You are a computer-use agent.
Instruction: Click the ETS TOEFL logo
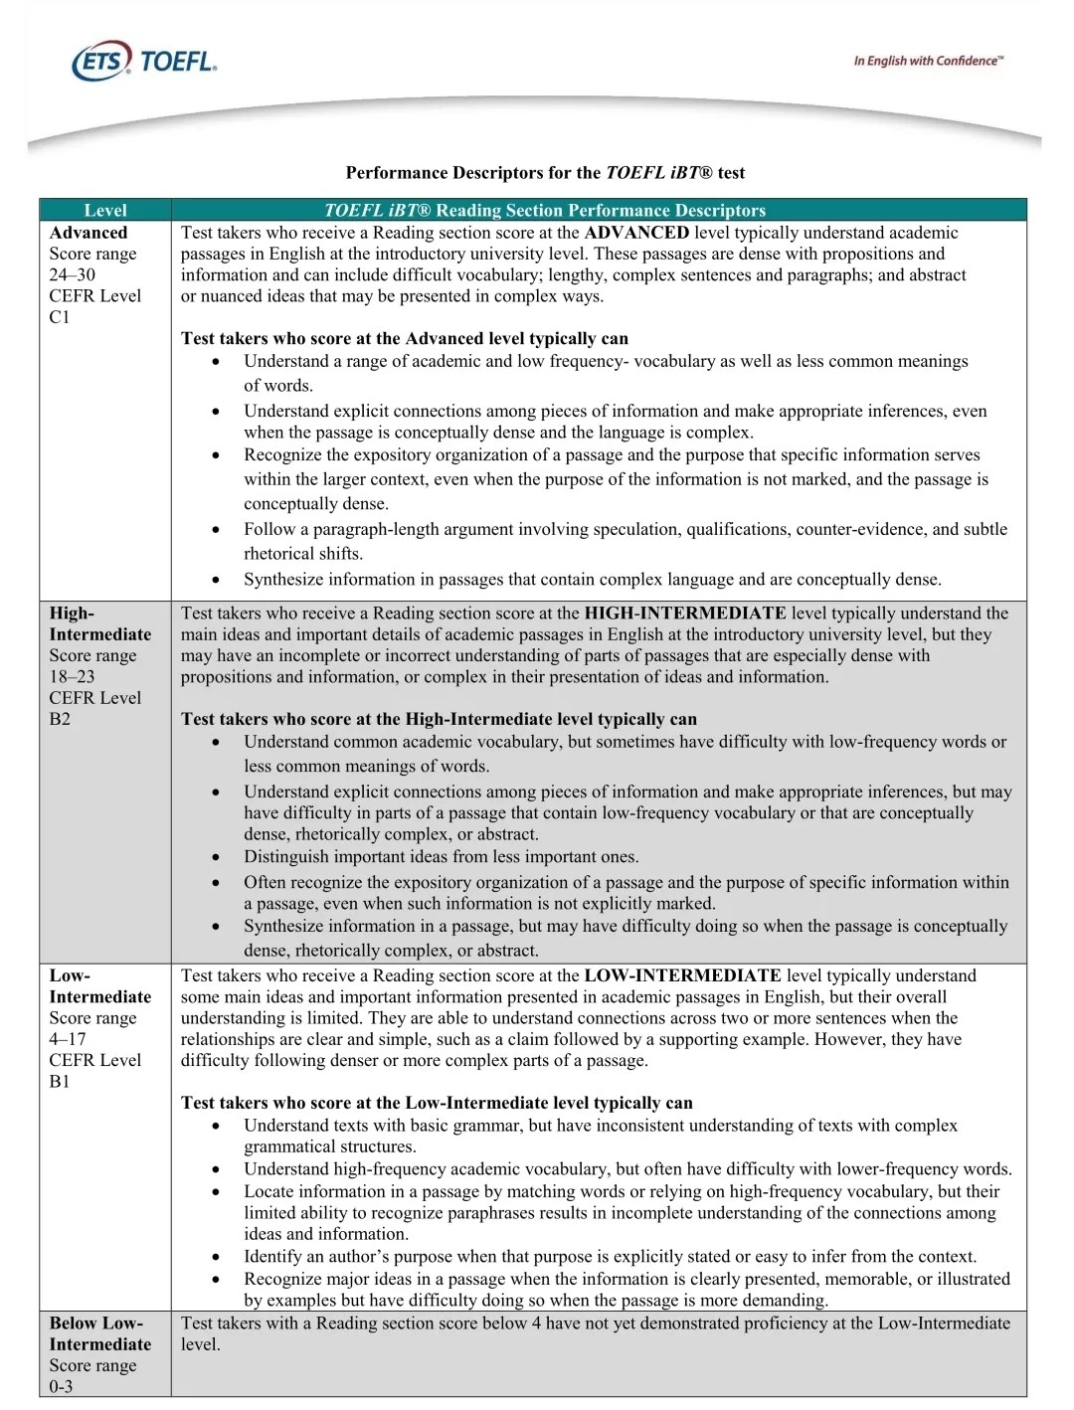[x=144, y=62]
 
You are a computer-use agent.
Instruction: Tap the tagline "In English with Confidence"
[x=928, y=61]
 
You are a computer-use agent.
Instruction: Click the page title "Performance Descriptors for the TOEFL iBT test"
[x=545, y=173]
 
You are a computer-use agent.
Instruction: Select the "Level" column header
[x=105, y=210]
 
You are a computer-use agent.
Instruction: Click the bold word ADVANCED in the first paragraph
[x=636, y=233]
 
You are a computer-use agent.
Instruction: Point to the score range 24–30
[x=73, y=274]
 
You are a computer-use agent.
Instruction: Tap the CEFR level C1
[x=60, y=317]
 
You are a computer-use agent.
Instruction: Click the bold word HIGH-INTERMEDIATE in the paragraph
[x=685, y=614]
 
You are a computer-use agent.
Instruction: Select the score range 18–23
[x=73, y=676]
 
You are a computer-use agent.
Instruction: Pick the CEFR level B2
[x=60, y=719]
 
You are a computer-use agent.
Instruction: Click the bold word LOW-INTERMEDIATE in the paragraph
[x=682, y=975]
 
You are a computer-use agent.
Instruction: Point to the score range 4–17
[x=68, y=1039]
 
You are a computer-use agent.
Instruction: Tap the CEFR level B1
[x=60, y=1081]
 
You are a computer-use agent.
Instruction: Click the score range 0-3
[x=61, y=1386]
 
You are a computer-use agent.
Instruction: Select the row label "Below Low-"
[x=96, y=1323]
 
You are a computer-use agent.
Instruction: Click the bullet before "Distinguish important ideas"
[x=217, y=857]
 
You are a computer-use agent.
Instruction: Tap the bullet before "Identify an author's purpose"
[x=217, y=1257]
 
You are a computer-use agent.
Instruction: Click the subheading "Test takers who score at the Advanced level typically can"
[x=405, y=338]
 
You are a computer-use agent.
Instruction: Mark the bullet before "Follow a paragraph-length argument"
[x=217, y=530]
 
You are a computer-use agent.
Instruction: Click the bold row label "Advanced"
[x=89, y=233]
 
